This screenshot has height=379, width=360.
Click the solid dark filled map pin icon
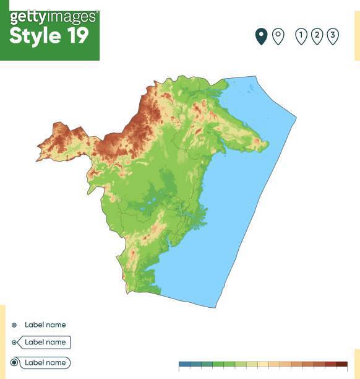tap(261, 36)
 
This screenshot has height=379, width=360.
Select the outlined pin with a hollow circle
tap(278, 36)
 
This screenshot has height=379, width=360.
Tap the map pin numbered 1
tap(301, 36)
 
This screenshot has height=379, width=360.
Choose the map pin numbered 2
tap(317, 36)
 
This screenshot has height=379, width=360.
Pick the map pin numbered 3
tap(333, 36)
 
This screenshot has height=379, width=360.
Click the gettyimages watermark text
tap(53, 16)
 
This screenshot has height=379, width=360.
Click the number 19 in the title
tap(77, 36)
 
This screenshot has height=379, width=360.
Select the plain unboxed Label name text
tap(45, 325)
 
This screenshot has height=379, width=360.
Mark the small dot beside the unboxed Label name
tap(14, 325)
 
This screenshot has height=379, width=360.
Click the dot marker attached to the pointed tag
tap(14, 342)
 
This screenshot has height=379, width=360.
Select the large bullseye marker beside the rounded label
tap(14, 362)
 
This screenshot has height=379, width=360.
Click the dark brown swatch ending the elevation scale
tap(341, 365)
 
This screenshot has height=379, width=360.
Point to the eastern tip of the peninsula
tap(268, 145)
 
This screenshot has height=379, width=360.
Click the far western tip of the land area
tap(36, 160)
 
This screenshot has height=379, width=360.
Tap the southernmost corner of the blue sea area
tap(215, 307)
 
